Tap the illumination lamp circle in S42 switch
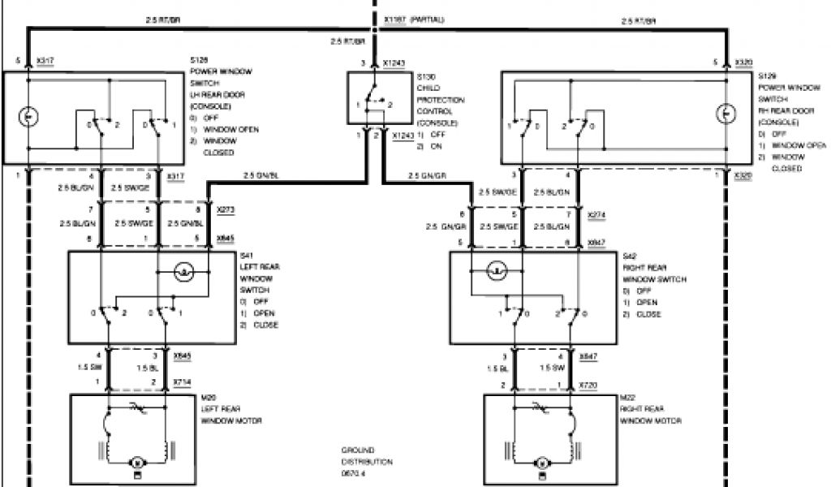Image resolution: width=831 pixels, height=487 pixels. (x=497, y=270)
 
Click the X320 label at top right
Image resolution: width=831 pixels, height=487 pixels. (x=743, y=62)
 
